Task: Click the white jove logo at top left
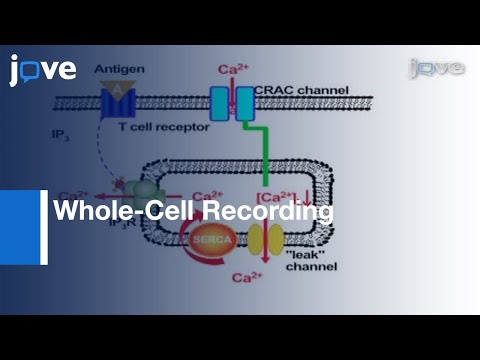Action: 43,69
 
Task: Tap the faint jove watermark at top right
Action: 437,67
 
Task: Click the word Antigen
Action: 118,69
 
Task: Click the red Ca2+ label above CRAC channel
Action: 233,71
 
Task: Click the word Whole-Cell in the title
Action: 122,211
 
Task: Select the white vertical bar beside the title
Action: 44,227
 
